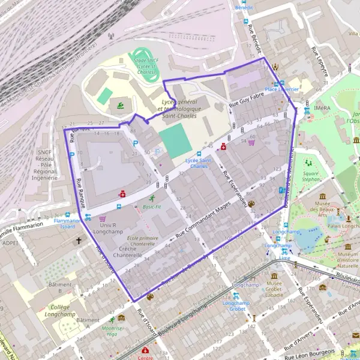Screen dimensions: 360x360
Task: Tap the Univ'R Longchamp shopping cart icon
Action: point(103,219)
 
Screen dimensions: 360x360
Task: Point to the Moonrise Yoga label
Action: point(112,331)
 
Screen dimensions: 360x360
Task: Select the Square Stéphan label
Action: point(310,176)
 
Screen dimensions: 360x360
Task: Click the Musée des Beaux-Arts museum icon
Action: point(323,196)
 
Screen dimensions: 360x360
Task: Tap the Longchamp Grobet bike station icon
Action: point(236,296)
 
